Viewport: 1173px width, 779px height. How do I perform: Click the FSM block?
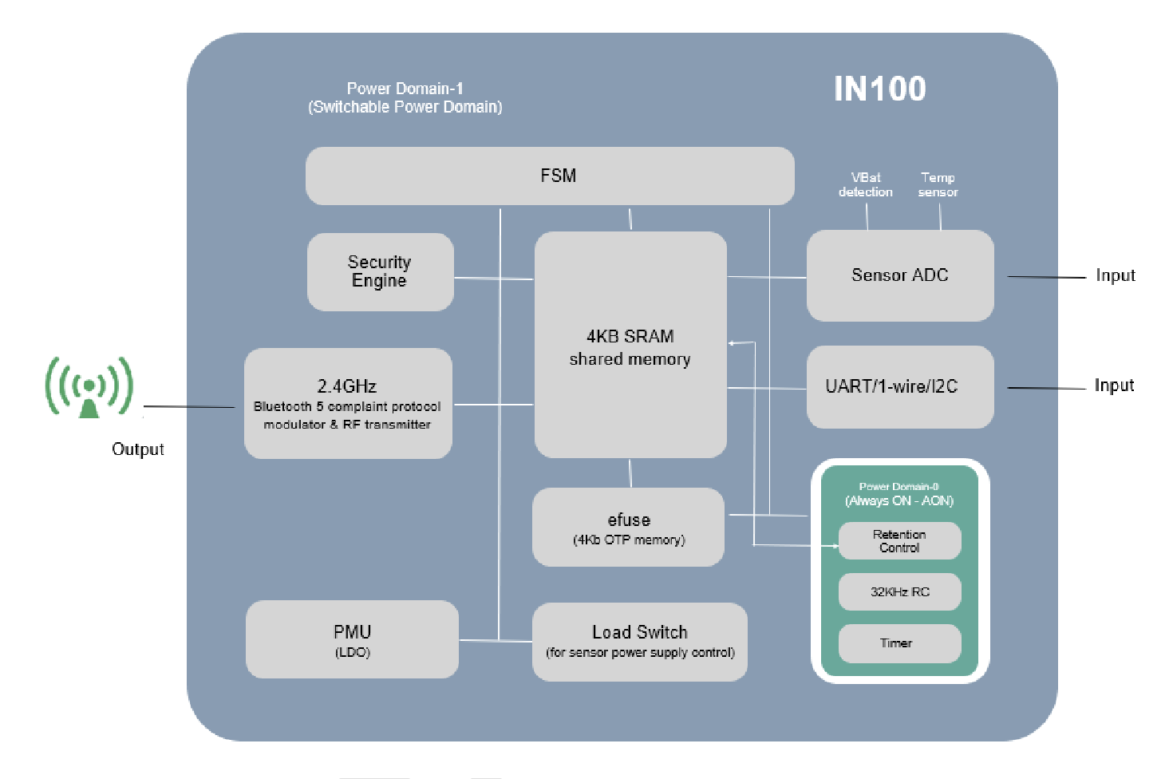click(550, 176)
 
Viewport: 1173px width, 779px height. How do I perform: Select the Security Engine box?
click(380, 271)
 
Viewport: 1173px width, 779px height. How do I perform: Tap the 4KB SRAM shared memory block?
click(630, 345)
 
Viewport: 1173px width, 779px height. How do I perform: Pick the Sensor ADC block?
click(900, 275)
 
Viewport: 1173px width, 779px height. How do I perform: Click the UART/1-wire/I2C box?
click(900, 386)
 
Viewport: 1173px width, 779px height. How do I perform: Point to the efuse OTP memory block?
click(629, 528)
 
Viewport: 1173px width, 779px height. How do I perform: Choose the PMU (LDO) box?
click(352, 639)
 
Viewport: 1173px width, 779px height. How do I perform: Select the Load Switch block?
click(640, 642)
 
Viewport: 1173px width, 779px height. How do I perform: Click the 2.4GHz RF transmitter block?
click(348, 403)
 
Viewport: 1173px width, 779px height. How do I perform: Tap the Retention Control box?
click(899, 541)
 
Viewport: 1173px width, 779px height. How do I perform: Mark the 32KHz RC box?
click(899, 591)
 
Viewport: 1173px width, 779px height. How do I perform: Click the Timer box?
click(899, 643)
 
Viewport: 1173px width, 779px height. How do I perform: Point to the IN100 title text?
click(879, 89)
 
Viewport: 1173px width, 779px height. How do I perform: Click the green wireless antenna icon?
click(89, 387)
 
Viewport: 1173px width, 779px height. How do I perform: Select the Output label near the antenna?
click(138, 449)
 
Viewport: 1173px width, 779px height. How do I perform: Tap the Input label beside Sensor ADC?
click(1115, 275)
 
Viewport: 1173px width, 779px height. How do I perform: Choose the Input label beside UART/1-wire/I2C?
click(1114, 386)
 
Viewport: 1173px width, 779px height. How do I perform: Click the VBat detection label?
click(866, 184)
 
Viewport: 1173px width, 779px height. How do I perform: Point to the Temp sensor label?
click(938, 184)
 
